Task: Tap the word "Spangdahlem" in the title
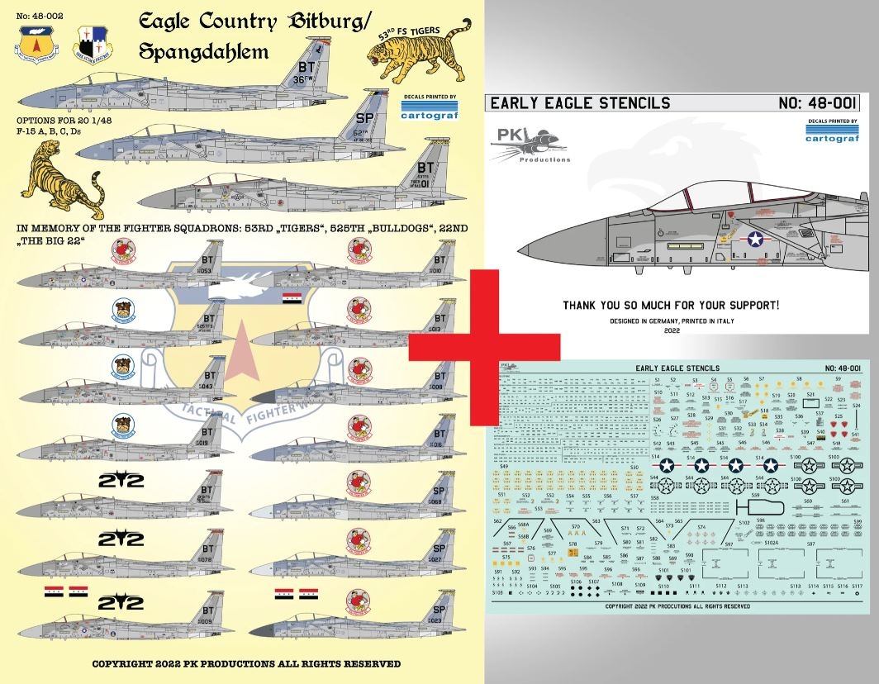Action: pos(203,52)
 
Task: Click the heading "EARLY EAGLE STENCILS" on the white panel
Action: pos(580,103)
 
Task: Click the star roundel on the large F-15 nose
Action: pos(757,240)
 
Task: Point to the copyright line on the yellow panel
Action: pos(245,663)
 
